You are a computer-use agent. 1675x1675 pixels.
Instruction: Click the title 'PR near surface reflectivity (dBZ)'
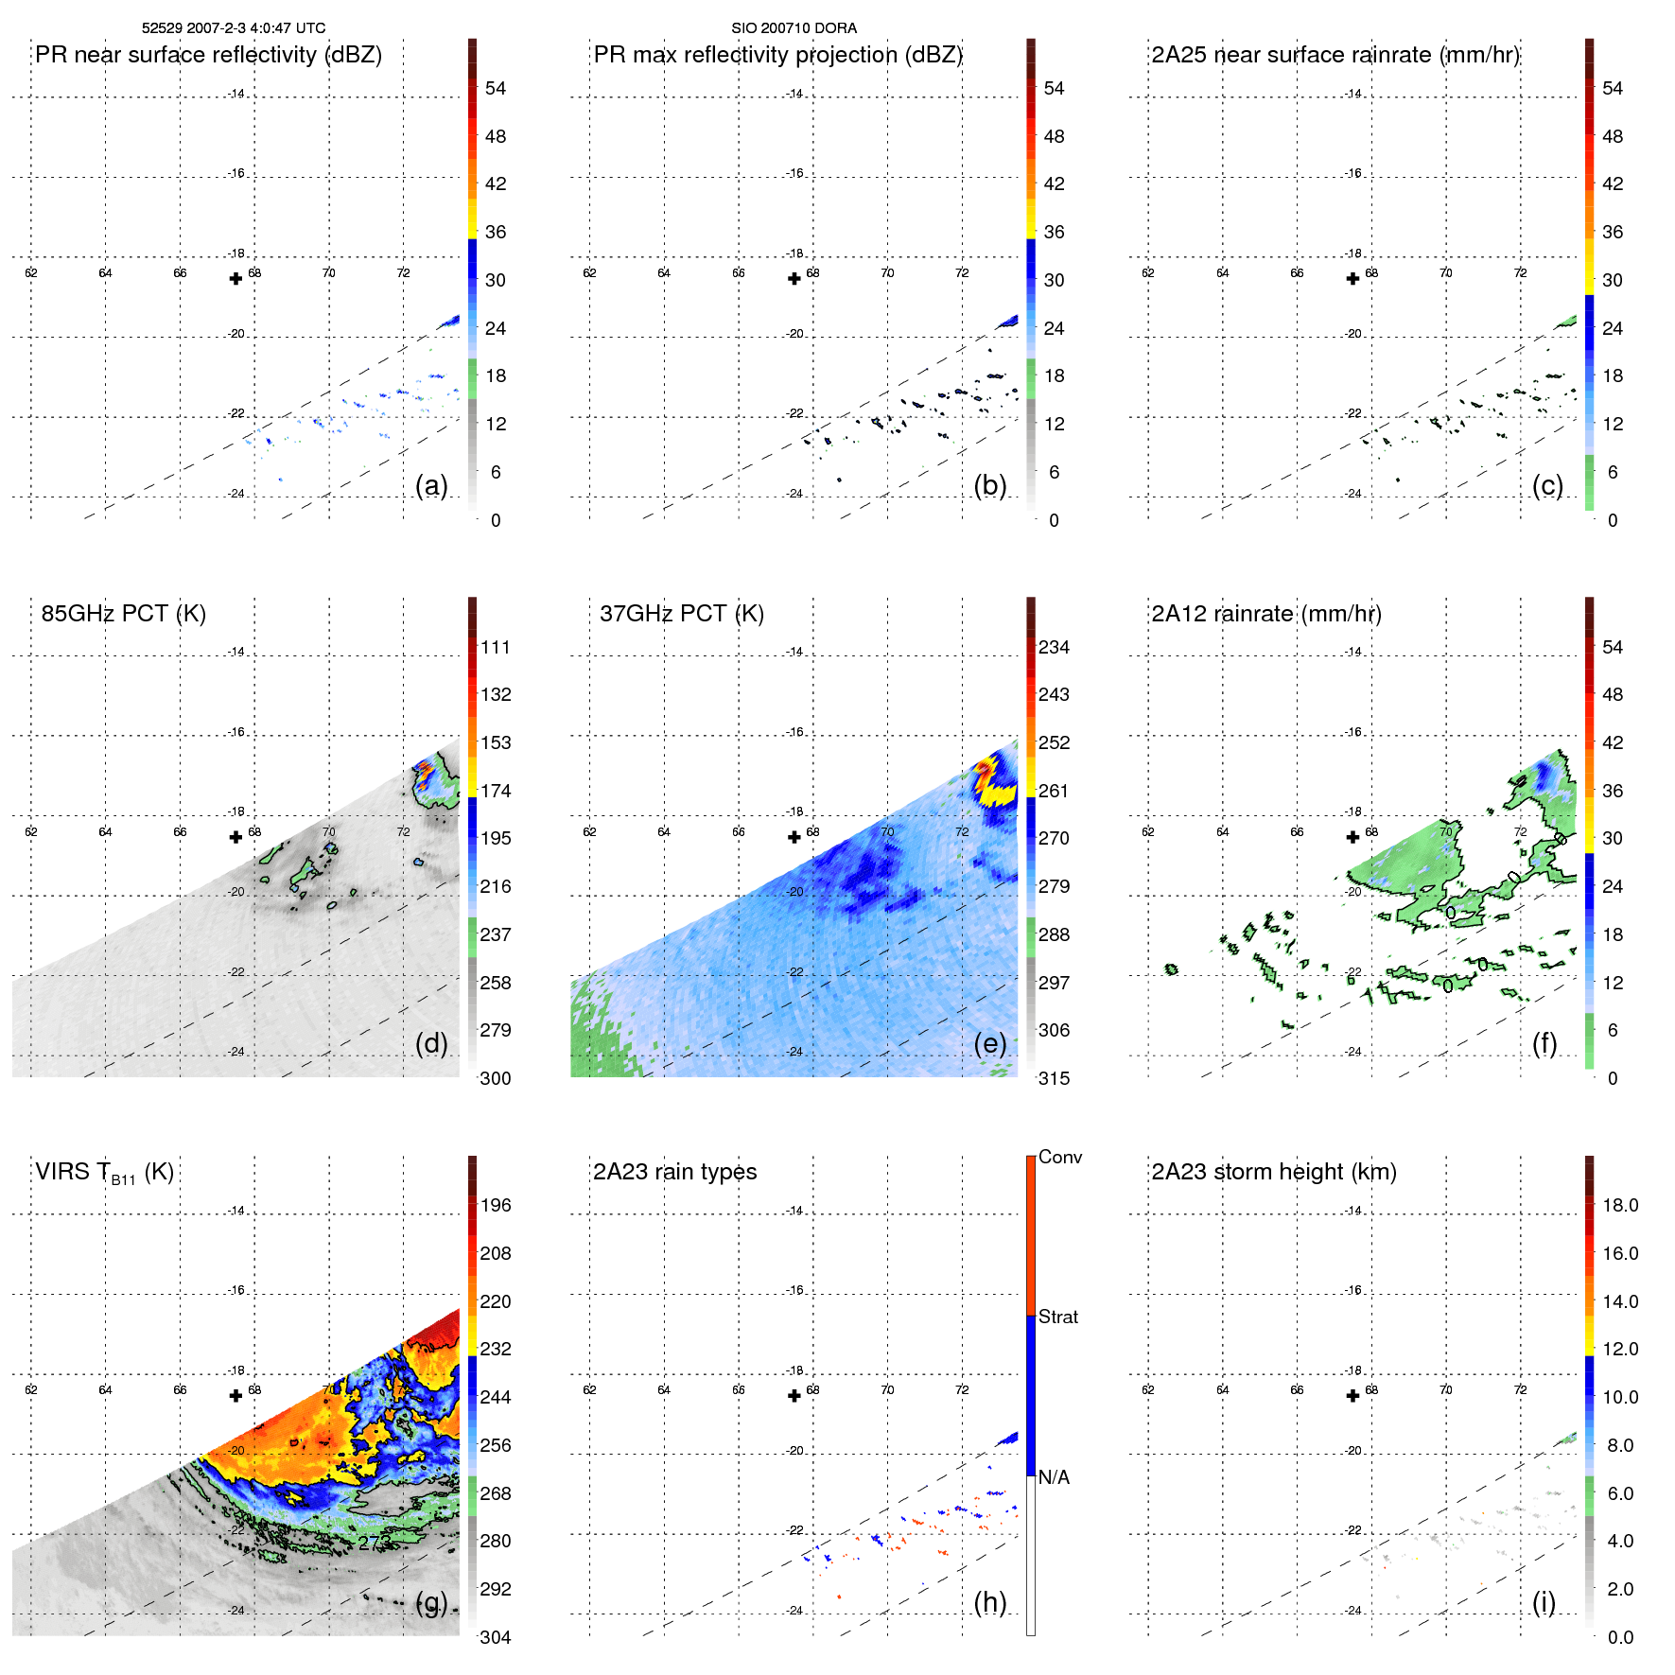(208, 55)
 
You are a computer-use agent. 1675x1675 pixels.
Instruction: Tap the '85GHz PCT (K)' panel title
(123, 614)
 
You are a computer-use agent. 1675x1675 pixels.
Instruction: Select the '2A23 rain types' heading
(674, 1172)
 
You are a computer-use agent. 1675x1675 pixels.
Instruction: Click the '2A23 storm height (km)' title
(1273, 1172)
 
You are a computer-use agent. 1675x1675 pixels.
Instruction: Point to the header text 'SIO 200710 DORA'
(794, 28)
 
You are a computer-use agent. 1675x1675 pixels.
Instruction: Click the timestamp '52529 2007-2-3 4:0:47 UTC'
(234, 28)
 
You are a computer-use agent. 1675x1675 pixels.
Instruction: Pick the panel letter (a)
(431, 485)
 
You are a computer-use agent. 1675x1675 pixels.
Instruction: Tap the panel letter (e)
(989, 1043)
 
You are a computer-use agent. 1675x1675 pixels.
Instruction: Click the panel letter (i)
(1544, 1602)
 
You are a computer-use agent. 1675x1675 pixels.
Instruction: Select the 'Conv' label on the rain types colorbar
(1059, 1157)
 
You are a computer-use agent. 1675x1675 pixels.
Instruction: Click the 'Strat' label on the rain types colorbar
(1057, 1317)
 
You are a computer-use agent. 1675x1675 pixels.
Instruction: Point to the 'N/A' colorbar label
(1054, 1477)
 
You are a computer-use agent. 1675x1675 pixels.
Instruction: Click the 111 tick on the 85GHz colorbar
(496, 647)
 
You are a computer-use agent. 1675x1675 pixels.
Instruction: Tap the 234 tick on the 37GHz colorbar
(1054, 647)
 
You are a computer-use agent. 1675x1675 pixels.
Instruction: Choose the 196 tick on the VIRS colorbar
(496, 1205)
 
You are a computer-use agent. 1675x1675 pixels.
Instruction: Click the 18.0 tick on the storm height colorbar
(1620, 1205)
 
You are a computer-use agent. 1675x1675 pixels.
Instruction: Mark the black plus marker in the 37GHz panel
(794, 837)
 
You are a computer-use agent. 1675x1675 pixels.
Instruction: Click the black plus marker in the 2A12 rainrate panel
(1352, 837)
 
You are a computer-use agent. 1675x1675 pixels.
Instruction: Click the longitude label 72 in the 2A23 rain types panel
(962, 1389)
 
